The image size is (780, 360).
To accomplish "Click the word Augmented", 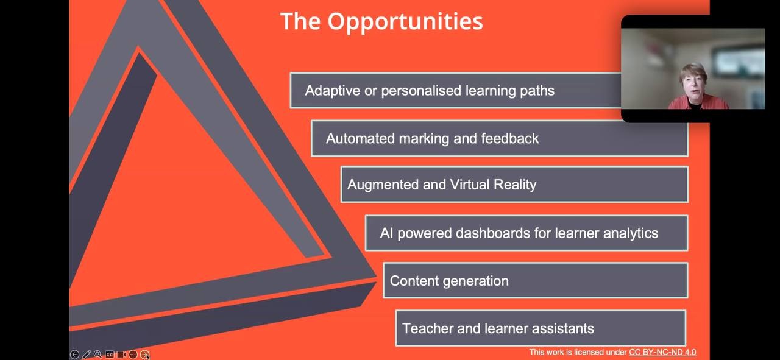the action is click(383, 185).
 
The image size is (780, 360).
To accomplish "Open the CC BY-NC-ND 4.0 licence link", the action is click(662, 352).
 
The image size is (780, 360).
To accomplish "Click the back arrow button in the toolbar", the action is click(74, 355).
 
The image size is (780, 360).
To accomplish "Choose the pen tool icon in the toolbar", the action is click(87, 355).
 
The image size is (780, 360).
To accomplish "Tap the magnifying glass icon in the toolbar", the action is click(98, 355).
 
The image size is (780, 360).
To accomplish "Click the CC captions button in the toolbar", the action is click(109, 355).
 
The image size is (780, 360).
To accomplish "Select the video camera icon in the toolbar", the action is click(121, 355).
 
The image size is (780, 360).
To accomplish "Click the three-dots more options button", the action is click(133, 355).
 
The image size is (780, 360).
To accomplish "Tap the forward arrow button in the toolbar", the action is click(144, 355).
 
